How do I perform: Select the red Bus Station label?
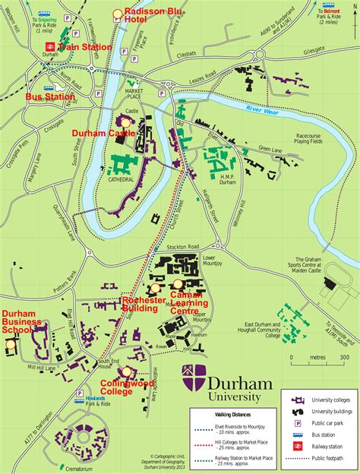50,97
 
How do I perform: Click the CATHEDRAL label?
120,180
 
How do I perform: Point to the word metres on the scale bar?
317,355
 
